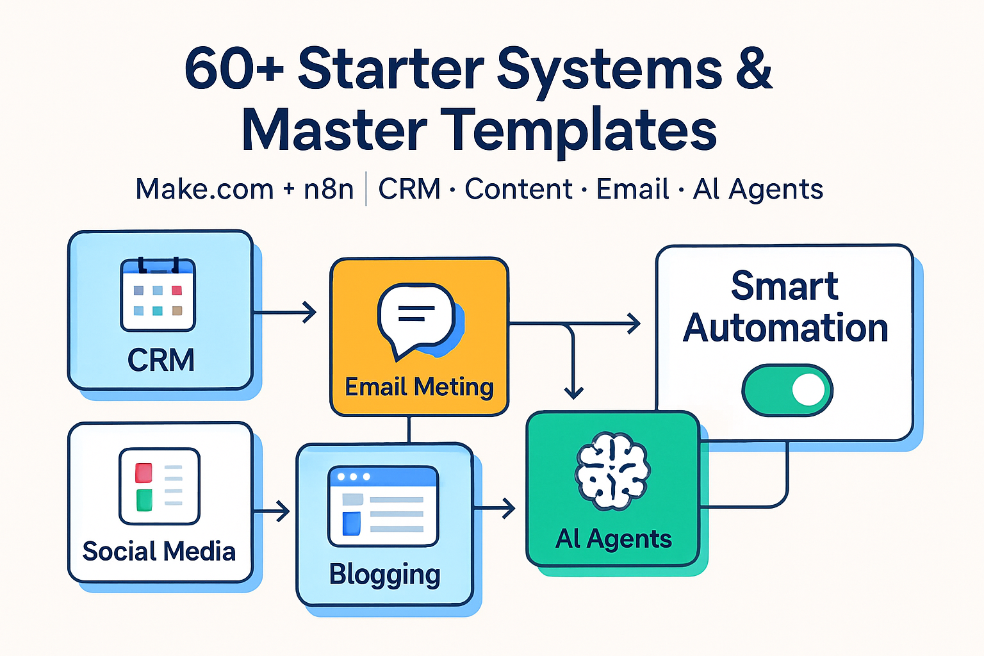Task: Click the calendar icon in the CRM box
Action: click(158, 295)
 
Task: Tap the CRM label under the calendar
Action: click(161, 360)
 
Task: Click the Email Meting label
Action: click(419, 387)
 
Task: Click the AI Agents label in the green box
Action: click(613, 539)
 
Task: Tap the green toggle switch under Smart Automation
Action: click(787, 389)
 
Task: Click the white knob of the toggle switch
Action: click(808, 389)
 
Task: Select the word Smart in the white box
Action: click(784, 286)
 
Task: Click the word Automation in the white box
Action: click(785, 329)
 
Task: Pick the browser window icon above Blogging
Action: click(383, 506)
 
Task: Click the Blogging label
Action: click(384, 575)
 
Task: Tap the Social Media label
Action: click(159, 552)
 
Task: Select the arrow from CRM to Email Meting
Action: click(286, 313)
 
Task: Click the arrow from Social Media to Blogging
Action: click(272, 511)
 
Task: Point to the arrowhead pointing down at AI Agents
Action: click(573, 391)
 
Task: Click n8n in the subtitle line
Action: click(328, 190)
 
